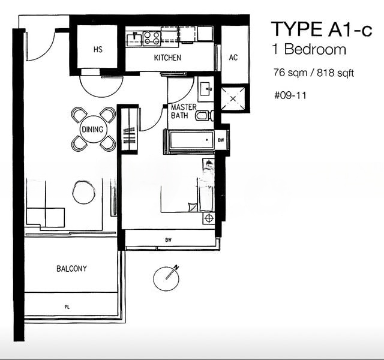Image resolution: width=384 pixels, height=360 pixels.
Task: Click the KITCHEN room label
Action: click(x=167, y=58)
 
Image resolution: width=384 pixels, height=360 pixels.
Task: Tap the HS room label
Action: click(x=98, y=49)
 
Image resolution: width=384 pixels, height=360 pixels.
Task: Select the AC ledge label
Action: click(x=233, y=58)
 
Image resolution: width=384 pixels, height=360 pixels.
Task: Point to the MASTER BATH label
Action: click(x=183, y=111)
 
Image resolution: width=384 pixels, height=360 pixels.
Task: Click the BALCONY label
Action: click(x=71, y=269)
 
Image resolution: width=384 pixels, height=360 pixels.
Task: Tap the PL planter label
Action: click(x=67, y=307)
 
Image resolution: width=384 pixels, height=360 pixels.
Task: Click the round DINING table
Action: click(x=92, y=129)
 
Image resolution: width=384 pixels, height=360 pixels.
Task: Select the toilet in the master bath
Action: click(x=205, y=116)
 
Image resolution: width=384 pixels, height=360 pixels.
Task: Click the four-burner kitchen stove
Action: click(x=152, y=38)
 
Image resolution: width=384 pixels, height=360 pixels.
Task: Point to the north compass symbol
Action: click(x=167, y=278)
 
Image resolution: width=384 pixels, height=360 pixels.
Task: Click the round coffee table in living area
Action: click(x=84, y=192)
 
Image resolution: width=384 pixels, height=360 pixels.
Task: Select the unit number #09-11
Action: click(x=290, y=95)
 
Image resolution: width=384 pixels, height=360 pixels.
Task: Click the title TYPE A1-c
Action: click(x=322, y=29)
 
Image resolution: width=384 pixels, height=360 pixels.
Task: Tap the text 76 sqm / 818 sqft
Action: click(x=313, y=73)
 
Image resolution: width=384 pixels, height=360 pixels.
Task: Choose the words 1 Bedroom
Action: click(x=309, y=49)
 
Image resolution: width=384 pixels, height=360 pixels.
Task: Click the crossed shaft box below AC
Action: click(x=233, y=98)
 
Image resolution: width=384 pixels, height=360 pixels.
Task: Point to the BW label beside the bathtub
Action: click(x=221, y=140)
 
